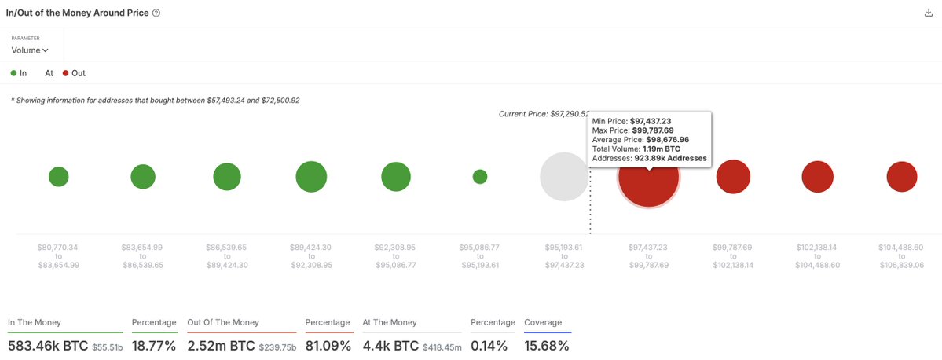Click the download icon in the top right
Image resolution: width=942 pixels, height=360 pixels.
929,13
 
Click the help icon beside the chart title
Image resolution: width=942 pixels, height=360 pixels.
156,13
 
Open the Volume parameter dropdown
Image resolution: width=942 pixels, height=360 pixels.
30,50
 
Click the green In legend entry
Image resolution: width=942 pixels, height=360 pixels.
20,73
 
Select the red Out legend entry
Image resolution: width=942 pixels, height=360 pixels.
74,73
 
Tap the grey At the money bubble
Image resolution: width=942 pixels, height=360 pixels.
564,177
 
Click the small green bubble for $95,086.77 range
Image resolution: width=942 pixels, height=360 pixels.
480,177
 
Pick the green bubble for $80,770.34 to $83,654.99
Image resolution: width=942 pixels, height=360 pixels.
59,177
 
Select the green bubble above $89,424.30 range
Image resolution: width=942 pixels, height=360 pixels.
311,177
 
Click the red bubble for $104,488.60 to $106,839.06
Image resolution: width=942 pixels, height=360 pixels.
902,177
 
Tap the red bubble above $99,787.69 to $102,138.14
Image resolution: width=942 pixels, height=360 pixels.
733,177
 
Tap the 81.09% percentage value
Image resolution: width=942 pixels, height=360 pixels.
328,345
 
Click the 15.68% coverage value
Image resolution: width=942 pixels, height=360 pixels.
546,345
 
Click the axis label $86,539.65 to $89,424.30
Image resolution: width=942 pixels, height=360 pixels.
227,256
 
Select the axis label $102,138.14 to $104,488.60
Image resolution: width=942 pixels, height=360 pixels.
817,256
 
